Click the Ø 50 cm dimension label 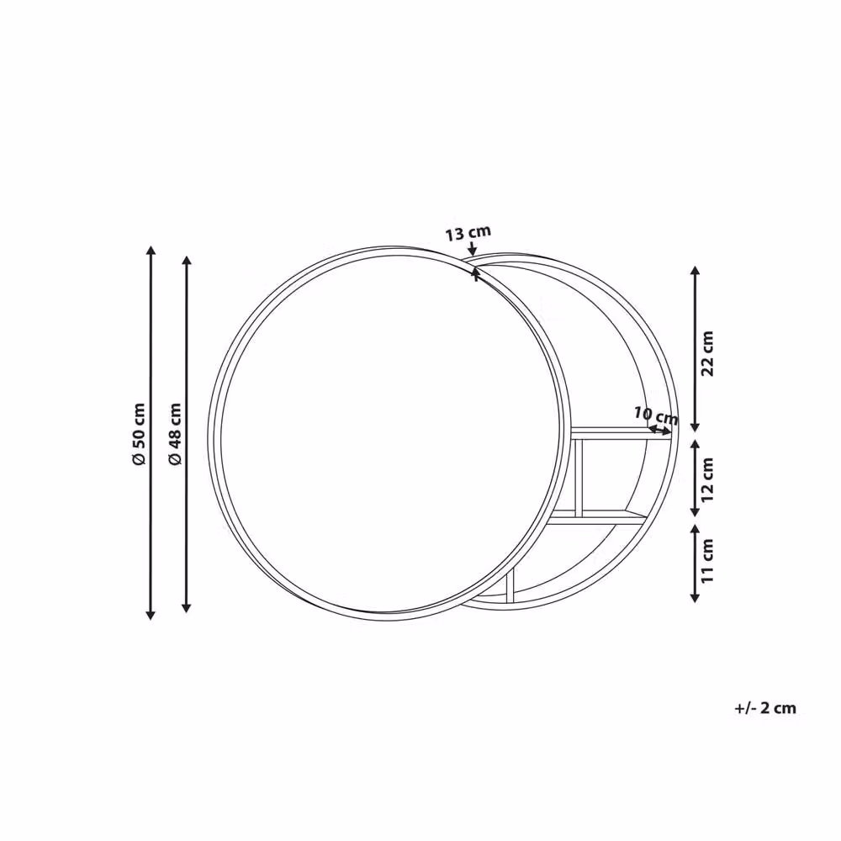tap(139, 434)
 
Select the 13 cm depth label tap(468, 233)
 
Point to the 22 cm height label tap(708, 353)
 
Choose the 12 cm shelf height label tap(708, 479)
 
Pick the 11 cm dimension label tap(708, 561)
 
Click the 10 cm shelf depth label tap(656, 415)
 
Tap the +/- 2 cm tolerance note tap(764, 708)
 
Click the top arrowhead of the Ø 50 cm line tap(151, 251)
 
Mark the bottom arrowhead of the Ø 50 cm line tap(151, 614)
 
